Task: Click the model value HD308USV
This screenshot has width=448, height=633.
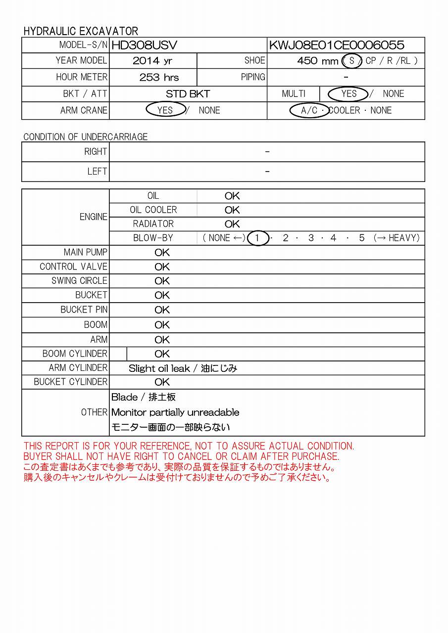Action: tap(144, 45)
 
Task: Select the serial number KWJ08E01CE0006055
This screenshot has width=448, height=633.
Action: tap(336, 45)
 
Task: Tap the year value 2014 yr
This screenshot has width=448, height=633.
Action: tap(153, 61)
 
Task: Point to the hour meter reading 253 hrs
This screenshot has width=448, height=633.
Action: tap(159, 78)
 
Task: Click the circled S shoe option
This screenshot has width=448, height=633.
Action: tap(351, 61)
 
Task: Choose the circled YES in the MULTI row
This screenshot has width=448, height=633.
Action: tap(348, 93)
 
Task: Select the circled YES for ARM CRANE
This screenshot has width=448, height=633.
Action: tap(165, 110)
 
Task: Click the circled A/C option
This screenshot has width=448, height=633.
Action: tap(309, 110)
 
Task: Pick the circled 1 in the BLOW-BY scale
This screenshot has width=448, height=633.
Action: tap(257, 238)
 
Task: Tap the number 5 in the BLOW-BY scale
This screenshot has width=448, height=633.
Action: tap(362, 238)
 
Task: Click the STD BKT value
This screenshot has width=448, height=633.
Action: tap(188, 94)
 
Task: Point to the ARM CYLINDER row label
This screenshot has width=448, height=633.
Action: tap(78, 368)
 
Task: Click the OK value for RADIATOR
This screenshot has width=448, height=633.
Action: tap(232, 224)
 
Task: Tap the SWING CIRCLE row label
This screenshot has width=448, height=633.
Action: tap(79, 281)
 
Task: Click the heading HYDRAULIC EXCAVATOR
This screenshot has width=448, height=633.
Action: tap(81, 31)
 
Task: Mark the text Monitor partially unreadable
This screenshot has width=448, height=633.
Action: tap(175, 412)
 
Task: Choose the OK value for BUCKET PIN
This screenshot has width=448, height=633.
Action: tap(162, 310)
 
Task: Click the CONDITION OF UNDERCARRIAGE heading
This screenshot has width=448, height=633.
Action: tap(86, 137)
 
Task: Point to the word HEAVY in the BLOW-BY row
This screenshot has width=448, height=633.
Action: tap(403, 238)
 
